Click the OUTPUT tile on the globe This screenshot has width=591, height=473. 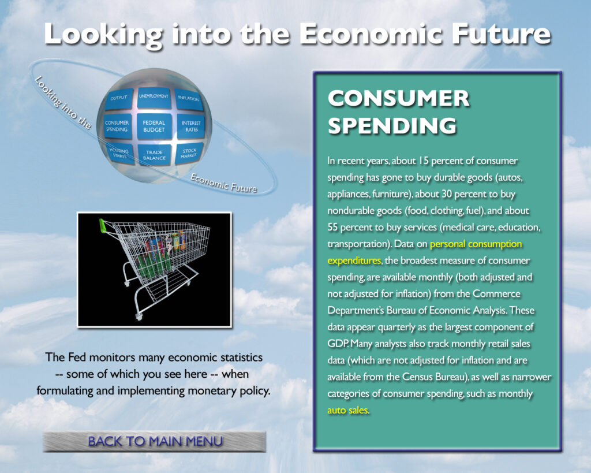(119, 99)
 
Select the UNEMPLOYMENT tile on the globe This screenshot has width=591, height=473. (154, 98)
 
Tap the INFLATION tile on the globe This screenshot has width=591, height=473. (189, 99)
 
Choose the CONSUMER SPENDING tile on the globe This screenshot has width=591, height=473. (117, 126)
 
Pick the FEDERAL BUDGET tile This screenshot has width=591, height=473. (154, 126)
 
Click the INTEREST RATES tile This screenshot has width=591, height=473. (190, 126)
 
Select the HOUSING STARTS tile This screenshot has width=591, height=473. (120, 154)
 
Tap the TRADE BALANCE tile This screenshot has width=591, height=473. (154, 155)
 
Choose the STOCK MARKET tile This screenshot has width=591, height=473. (189, 153)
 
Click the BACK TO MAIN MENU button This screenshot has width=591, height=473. (155, 441)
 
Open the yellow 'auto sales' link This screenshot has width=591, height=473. (347, 410)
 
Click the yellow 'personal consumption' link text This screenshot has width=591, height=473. (476, 244)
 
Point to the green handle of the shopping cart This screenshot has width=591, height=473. (103, 226)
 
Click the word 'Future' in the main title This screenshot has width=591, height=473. (501, 34)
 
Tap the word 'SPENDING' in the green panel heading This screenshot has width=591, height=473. (392, 125)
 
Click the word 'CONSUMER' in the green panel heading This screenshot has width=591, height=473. (398, 98)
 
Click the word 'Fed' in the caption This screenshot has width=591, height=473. (77, 357)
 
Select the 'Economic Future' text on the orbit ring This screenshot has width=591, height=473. (224, 183)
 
